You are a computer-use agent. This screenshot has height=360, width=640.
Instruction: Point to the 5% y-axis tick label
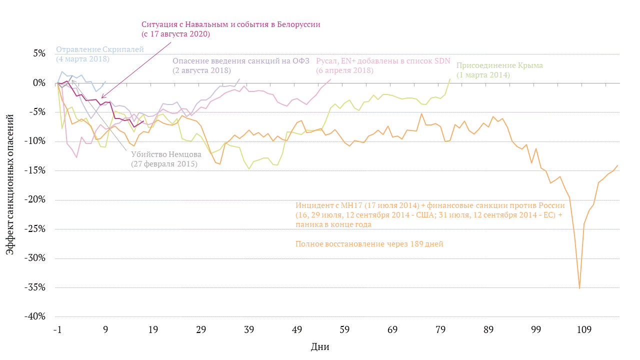[39, 53]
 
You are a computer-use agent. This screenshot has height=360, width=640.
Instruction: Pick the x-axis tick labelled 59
[344, 330]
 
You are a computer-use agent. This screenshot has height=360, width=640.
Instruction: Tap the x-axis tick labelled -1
[57, 330]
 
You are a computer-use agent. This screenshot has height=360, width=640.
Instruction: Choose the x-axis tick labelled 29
[201, 330]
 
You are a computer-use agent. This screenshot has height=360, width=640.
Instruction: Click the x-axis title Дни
[320, 346]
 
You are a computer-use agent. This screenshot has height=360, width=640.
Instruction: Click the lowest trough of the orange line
[579, 288]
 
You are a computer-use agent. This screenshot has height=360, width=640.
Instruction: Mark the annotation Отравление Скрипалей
[100, 49]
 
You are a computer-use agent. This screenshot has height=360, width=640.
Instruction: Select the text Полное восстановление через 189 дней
[369, 244]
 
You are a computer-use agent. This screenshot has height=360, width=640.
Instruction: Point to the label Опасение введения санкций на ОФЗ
[241, 61]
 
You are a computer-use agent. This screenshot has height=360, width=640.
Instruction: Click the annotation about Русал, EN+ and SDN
[383, 61]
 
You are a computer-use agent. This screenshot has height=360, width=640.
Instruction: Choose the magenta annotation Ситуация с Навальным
[230, 24]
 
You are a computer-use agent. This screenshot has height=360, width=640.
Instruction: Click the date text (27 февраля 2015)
[164, 164]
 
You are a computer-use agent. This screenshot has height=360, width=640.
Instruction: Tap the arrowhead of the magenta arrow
[101, 97]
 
